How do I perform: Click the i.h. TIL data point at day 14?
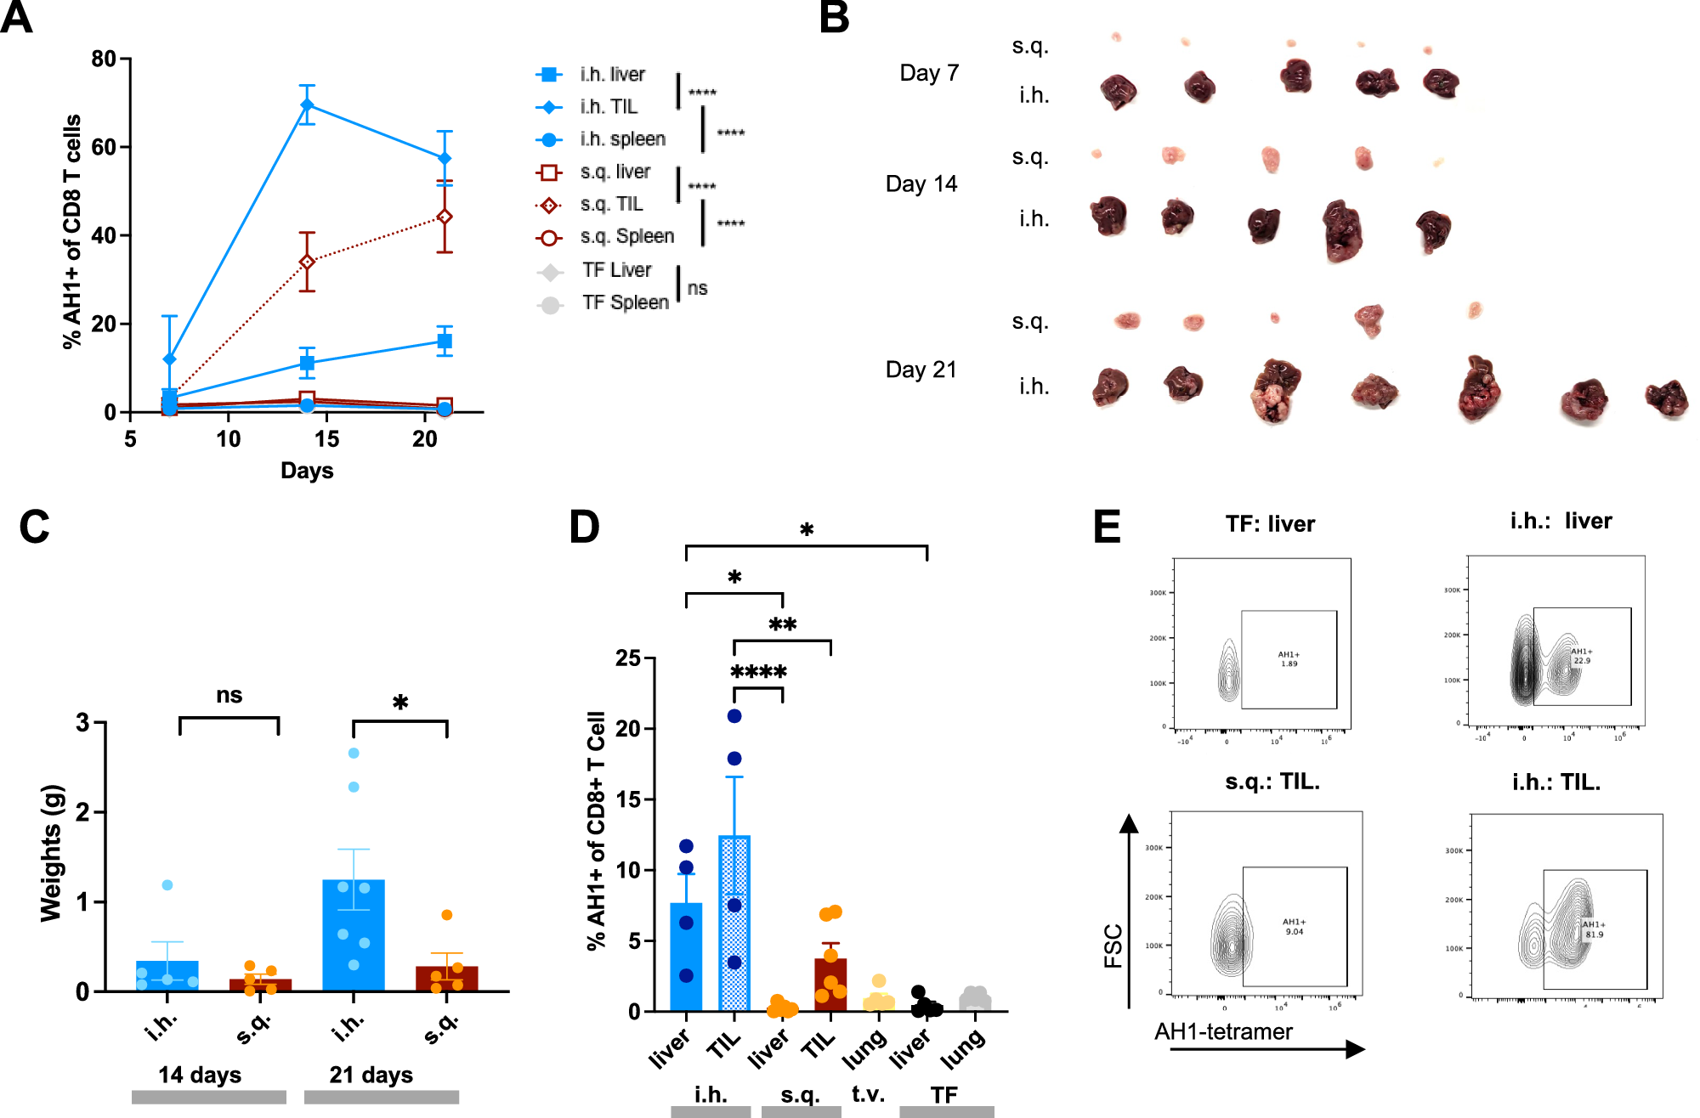click(x=307, y=105)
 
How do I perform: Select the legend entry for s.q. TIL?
click(x=611, y=205)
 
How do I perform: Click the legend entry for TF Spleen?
click(x=625, y=303)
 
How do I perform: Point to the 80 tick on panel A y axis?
click(x=104, y=59)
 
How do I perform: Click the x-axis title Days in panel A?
click(x=307, y=471)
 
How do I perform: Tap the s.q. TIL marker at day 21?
click(x=444, y=217)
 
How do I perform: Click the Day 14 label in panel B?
click(x=921, y=184)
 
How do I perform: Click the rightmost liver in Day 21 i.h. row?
click(x=1666, y=398)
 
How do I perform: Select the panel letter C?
click(x=34, y=528)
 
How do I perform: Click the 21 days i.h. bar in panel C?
click(x=354, y=934)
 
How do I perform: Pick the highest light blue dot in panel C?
click(x=354, y=754)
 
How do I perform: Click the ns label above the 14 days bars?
click(x=229, y=696)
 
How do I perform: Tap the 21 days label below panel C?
click(x=371, y=1076)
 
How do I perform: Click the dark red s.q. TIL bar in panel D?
click(x=830, y=985)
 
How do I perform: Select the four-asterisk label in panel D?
click(x=758, y=673)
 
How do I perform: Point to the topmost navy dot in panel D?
click(x=734, y=716)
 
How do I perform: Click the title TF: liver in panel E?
click(x=1270, y=524)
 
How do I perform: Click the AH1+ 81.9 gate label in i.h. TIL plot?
click(x=1594, y=929)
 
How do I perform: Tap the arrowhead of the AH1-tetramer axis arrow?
click(x=1356, y=1049)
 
